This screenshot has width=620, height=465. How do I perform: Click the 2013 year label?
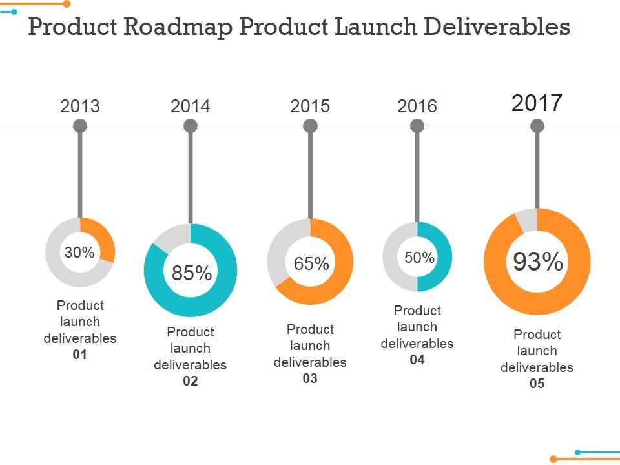[x=80, y=106]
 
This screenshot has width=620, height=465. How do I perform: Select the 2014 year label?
[x=190, y=106]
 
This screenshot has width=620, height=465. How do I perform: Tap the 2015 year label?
[x=310, y=106]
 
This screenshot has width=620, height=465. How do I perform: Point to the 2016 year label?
[x=417, y=106]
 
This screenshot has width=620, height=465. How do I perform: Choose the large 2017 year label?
[x=537, y=103]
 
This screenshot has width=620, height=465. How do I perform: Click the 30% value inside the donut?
[x=79, y=253]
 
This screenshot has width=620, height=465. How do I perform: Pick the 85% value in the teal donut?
[x=192, y=273]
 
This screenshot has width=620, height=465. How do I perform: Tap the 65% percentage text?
[x=311, y=263]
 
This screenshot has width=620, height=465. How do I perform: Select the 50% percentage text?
[x=420, y=258]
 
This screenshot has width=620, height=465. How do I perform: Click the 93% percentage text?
[x=538, y=262]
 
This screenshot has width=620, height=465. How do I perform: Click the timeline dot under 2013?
[x=80, y=126]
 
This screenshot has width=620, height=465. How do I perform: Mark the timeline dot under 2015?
[x=310, y=126]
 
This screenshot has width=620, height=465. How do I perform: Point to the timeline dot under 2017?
[x=537, y=126]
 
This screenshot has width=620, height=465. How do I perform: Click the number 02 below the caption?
[x=190, y=381]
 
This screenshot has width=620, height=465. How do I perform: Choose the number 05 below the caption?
[x=537, y=384]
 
